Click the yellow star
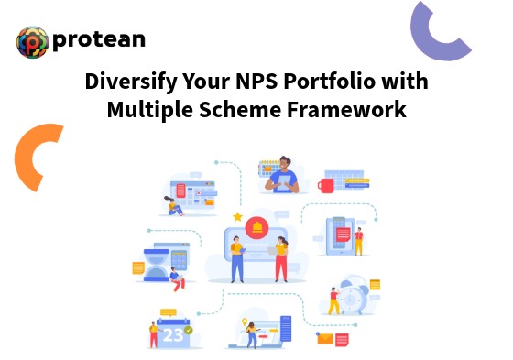tap(237, 217)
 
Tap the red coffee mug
tap(325, 185)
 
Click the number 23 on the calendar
tap(173, 335)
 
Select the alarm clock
tap(351, 292)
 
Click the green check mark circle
tap(188, 329)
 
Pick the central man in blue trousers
tap(236, 257)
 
